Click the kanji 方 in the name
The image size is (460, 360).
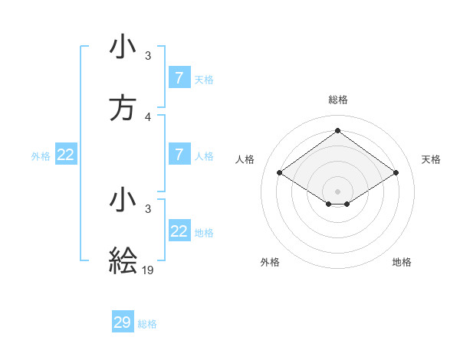click(x=123, y=110)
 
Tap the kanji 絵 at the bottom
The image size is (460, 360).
click(x=123, y=260)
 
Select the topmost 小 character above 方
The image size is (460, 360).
click(x=123, y=47)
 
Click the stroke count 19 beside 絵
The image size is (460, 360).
click(x=149, y=270)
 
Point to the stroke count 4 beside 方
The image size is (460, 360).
click(x=148, y=117)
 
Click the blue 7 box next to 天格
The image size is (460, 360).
click(x=179, y=78)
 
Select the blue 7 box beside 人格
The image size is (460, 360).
click(x=179, y=155)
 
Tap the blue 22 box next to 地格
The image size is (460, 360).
click(x=179, y=231)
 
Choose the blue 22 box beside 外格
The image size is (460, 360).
click(x=65, y=155)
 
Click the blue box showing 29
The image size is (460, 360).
click(x=123, y=322)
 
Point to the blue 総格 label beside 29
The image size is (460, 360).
click(x=147, y=324)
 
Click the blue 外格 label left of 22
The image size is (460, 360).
click(x=41, y=156)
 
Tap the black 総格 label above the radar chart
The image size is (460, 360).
click(x=337, y=100)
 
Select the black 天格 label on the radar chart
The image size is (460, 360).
click(x=431, y=159)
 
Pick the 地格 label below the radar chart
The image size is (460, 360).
click(x=402, y=262)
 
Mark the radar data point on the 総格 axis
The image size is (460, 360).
click(x=337, y=131)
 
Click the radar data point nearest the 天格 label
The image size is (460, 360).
click(x=396, y=173)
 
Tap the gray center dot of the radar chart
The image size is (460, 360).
click(x=337, y=191)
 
